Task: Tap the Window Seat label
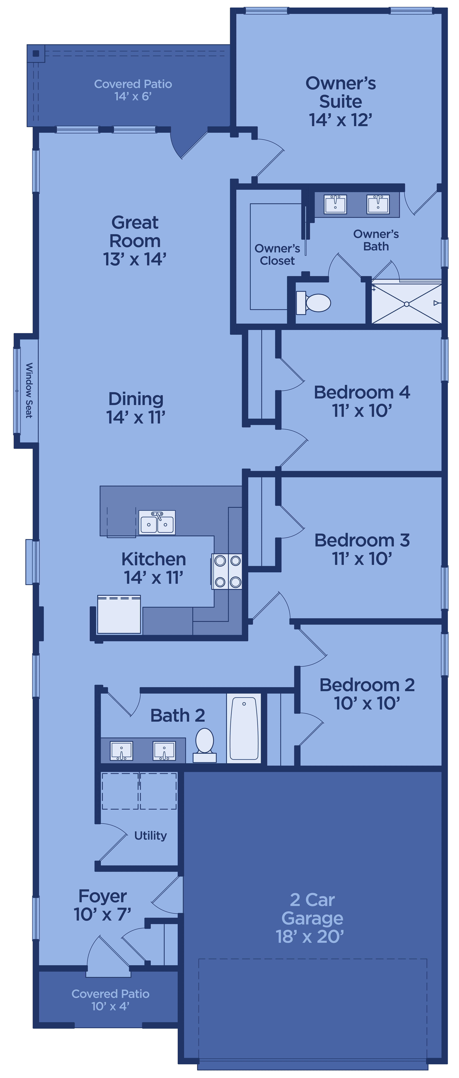(x=29, y=390)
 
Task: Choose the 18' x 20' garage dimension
(x=310, y=937)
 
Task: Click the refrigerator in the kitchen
(x=119, y=614)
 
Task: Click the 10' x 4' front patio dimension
(x=110, y=1006)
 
